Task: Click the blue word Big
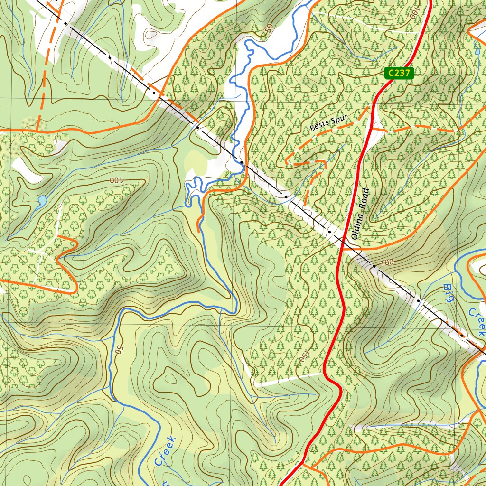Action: click(449, 293)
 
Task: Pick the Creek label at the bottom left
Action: click(165, 451)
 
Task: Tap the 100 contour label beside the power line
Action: click(387, 262)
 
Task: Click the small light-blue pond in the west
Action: click(41, 201)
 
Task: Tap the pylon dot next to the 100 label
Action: click(374, 266)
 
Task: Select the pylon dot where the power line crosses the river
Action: click(242, 163)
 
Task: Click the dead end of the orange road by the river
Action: click(198, 231)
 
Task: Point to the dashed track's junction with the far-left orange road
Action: click(37, 129)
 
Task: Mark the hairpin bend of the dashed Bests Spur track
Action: click(286, 160)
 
